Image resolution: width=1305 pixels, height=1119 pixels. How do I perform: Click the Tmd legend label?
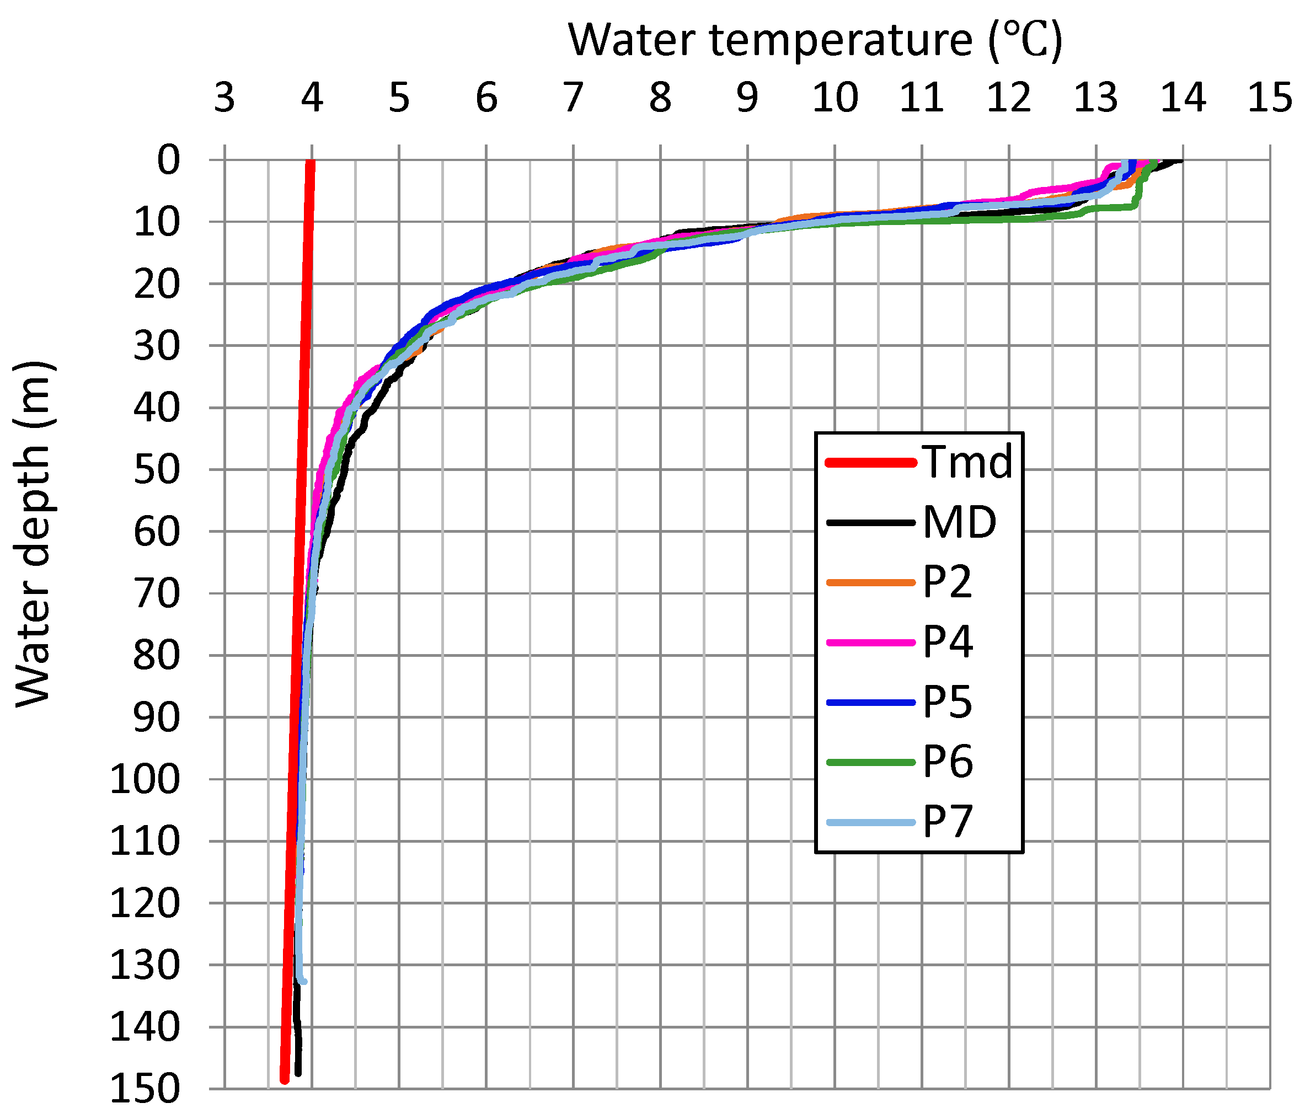[x=967, y=462]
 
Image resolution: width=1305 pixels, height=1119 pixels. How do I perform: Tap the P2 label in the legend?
[x=947, y=582]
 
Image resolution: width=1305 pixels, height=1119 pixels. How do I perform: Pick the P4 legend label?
[x=948, y=642]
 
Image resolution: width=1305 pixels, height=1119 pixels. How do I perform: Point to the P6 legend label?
[x=948, y=762]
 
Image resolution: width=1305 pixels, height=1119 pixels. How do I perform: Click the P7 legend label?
[x=948, y=822]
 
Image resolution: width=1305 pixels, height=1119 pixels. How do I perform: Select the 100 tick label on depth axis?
[x=146, y=780]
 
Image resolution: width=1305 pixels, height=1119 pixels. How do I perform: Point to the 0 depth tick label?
[x=168, y=160]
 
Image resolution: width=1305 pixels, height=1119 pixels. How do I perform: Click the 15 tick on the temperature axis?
[x=1270, y=98]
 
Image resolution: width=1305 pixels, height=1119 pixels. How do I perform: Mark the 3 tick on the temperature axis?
[x=224, y=98]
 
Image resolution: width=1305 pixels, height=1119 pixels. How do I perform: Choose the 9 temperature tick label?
[x=747, y=98]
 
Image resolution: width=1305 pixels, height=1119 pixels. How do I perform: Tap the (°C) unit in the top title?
[x=1025, y=40]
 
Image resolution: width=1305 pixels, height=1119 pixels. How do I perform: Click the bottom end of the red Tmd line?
[x=284, y=1080]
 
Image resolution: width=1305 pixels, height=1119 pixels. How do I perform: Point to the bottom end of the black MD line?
[x=298, y=1073]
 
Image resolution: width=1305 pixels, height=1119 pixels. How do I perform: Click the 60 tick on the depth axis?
[x=157, y=532]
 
